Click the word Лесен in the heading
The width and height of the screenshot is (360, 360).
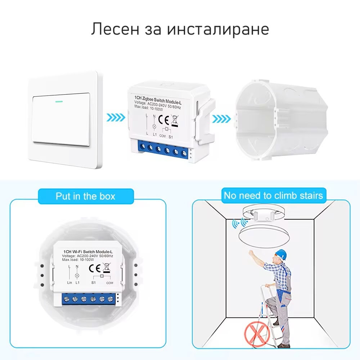pos(115,29)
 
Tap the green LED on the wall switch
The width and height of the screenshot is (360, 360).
pos(59,101)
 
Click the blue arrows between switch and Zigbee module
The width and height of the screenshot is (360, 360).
pos(116,118)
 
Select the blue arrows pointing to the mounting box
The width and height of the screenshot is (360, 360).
pos(221,119)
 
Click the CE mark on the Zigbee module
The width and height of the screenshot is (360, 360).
pos(164,120)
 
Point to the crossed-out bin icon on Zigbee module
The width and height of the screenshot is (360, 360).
pos(175,120)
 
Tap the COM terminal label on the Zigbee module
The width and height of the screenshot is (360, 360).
pos(163,136)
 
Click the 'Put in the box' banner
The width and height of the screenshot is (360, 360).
pos(86,196)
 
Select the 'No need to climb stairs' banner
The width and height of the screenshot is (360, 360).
pos(274,195)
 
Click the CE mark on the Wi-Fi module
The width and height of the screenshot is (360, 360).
pos(95,268)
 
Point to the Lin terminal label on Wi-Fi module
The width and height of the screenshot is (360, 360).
pos(69,283)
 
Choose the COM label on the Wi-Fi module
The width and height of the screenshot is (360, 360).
pos(110,283)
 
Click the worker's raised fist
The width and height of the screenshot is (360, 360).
pos(251,253)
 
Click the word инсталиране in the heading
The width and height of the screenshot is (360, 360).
pos(218,30)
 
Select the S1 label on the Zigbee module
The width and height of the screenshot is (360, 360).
pos(171,137)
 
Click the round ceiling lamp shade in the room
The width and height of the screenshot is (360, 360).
pos(264,237)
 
